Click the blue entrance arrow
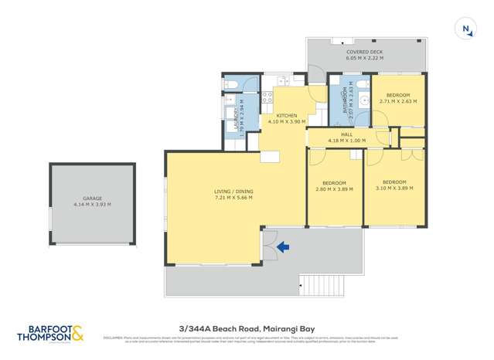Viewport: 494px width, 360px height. click(x=283, y=247)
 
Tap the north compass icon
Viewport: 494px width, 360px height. click(x=467, y=30)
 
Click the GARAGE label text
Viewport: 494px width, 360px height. click(x=93, y=199)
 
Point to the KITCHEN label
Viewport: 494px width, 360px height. click(x=287, y=116)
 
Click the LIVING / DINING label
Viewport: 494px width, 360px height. click(x=233, y=192)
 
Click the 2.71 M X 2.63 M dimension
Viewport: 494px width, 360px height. click(x=398, y=101)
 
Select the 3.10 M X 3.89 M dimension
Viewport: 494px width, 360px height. click(x=394, y=188)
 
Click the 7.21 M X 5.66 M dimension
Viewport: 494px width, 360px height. click(x=233, y=198)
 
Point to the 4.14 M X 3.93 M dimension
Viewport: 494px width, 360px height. click(x=93, y=205)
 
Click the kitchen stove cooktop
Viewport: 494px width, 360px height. click(x=267, y=97)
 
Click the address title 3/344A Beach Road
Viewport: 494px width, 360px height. click(x=247, y=328)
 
